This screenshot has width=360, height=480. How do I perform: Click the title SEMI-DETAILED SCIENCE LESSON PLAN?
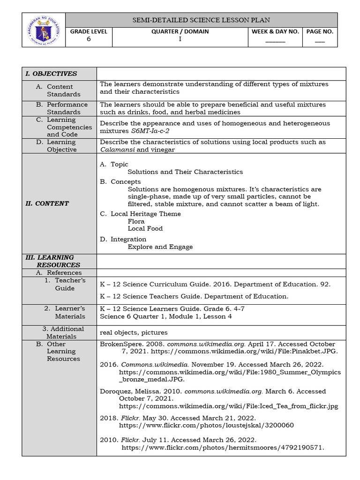coord(201,20)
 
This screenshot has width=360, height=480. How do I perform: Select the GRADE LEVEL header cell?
coord(89,31)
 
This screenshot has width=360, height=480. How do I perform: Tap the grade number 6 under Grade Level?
coord(89,39)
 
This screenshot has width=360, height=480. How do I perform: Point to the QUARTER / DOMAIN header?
coord(180,31)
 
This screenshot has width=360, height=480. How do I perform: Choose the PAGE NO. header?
coord(320,31)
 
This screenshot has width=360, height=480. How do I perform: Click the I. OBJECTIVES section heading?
coord(51,74)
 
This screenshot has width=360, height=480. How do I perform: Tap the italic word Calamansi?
coord(117,150)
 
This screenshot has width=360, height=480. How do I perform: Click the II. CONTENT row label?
coord(47,203)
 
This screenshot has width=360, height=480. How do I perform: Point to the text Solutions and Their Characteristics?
coord(185,172)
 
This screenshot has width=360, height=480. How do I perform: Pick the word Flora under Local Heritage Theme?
coord(136,221)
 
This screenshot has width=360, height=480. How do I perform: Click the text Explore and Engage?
coord(160,247)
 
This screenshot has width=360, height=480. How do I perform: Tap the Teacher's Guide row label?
coord(66,284)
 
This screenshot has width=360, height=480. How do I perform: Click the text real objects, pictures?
coord(134,332)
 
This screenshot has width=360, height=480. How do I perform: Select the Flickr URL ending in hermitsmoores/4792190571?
coord(223,448)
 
